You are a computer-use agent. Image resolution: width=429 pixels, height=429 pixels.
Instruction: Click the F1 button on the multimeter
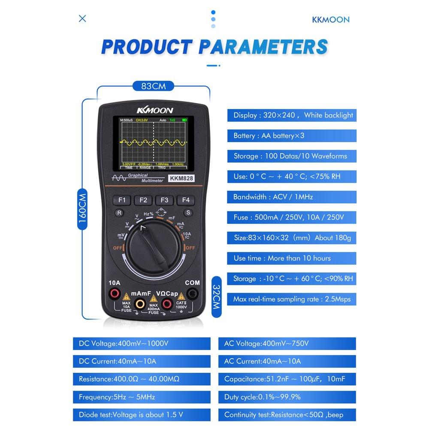coord(122,200)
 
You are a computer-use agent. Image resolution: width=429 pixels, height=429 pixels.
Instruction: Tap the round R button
coord(119,212)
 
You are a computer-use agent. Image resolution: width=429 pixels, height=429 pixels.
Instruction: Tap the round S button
coord(187,212)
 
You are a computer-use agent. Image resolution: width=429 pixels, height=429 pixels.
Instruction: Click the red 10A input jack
coord(115,294)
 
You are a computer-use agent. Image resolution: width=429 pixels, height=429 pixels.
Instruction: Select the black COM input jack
coord(193,294)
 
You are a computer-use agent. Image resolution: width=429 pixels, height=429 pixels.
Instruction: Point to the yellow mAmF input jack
coord(140,304)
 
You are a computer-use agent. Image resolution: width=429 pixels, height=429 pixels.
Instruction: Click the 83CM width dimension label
coord(153,86)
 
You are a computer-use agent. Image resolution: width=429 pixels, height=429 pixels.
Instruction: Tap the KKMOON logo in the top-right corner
coord(330,19)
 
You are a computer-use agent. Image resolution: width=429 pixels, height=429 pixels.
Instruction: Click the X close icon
coord(82,18)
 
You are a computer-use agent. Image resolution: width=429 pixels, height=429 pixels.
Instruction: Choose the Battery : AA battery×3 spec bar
coord(291,136)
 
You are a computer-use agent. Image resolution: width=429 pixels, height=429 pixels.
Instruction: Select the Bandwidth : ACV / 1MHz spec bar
coord(291,197)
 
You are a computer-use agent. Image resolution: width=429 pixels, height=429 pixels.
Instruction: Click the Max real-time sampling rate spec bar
coord(291,299)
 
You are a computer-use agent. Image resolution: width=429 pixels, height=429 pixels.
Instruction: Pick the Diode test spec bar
coord(142,415)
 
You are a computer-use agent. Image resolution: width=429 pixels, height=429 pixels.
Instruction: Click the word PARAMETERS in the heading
coord(263,46)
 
